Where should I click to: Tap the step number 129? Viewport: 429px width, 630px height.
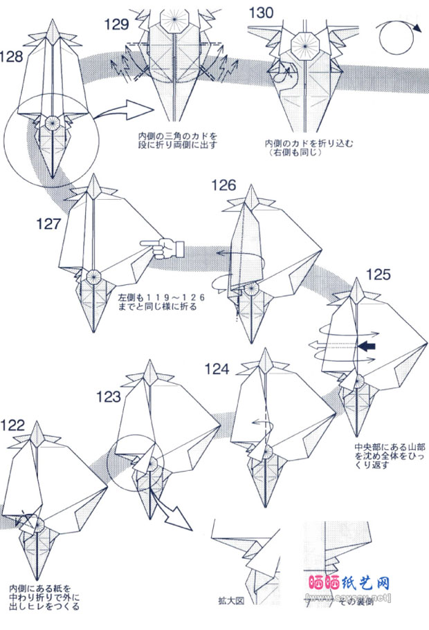(117, 25)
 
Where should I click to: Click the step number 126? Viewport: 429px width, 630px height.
(224, 185)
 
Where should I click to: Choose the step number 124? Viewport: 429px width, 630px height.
(216, 369)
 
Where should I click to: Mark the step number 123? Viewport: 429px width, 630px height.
(108, 396)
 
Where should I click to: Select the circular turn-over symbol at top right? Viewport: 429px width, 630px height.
(397, 35)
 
